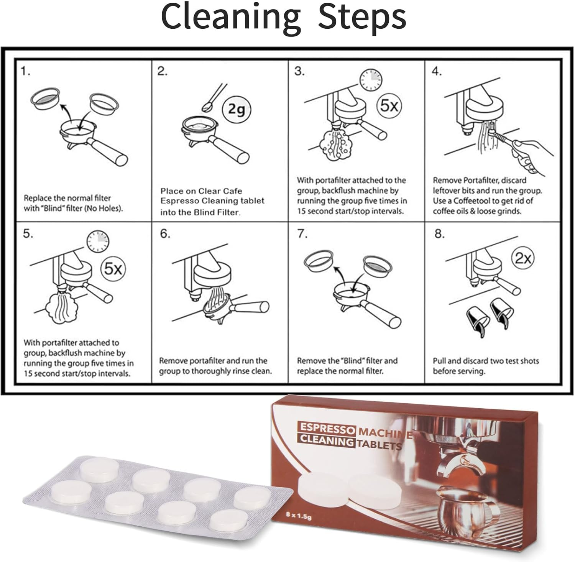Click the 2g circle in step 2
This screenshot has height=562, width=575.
(x=236, y=110)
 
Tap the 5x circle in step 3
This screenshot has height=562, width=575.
(x=389, y=105)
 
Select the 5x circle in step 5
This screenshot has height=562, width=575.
(x=113, y=269)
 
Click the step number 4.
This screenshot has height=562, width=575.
(x=437, y=72)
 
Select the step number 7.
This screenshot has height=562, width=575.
(x=302, y=234)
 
